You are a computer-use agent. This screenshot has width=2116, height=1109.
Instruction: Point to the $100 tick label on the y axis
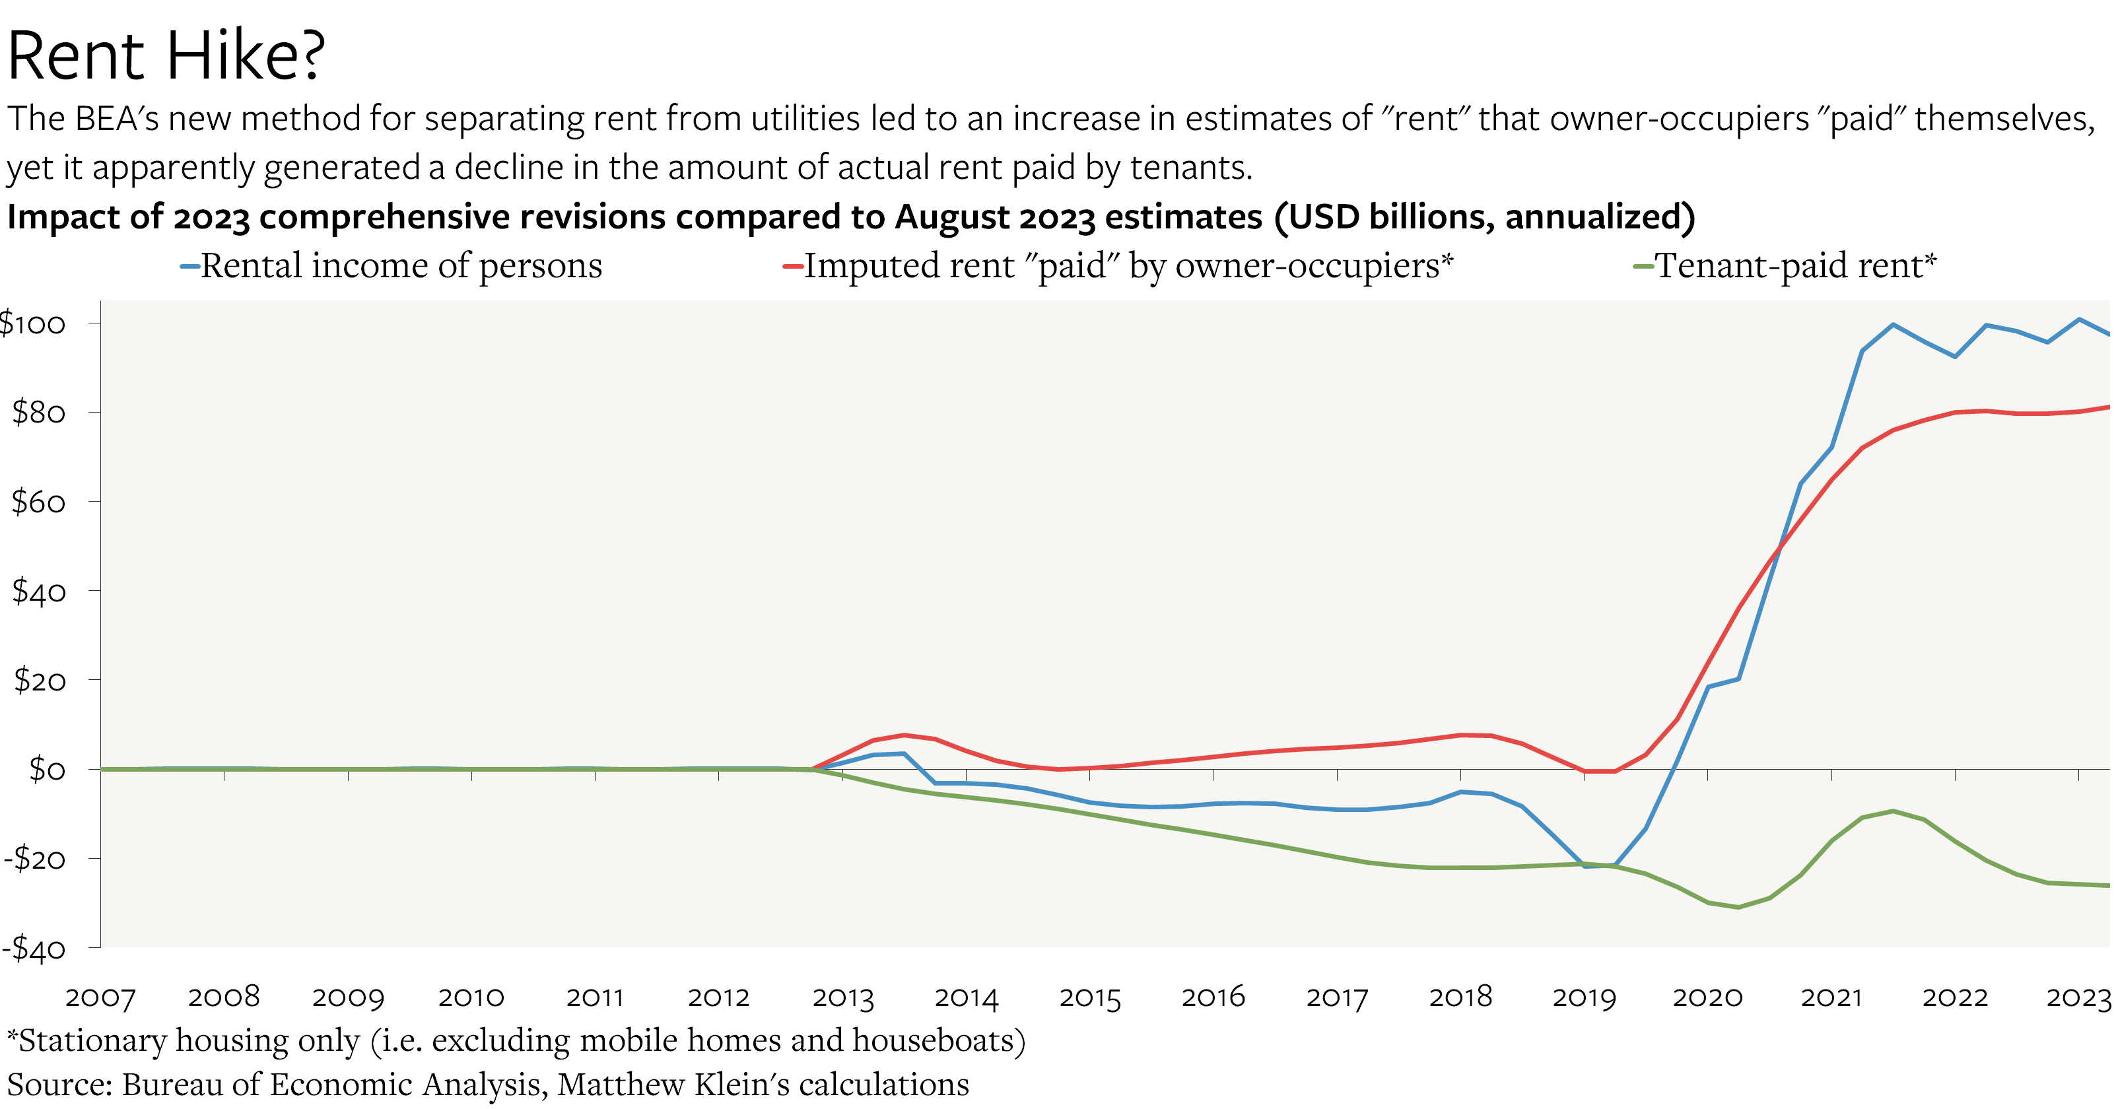pos(33,323)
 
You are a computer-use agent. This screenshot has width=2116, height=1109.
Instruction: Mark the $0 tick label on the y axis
pos(47,770)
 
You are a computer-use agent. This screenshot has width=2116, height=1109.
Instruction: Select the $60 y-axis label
pos(38,502)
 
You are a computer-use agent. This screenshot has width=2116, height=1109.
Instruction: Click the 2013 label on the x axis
pos(843,997)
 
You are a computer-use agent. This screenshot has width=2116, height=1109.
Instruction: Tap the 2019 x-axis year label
pos(1584,997)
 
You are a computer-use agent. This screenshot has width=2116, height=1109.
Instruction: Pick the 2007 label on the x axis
pos(100,997)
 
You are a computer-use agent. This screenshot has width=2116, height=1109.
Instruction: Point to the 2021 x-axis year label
pos(1831,997)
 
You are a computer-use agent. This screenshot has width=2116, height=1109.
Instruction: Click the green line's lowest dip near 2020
pos(1738,907)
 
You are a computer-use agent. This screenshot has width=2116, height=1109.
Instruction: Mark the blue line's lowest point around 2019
pos(1585,867)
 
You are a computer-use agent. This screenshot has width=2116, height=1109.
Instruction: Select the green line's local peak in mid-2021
pos(1893,811)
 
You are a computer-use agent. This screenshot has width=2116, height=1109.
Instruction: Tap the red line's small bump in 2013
pos(904,735)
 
